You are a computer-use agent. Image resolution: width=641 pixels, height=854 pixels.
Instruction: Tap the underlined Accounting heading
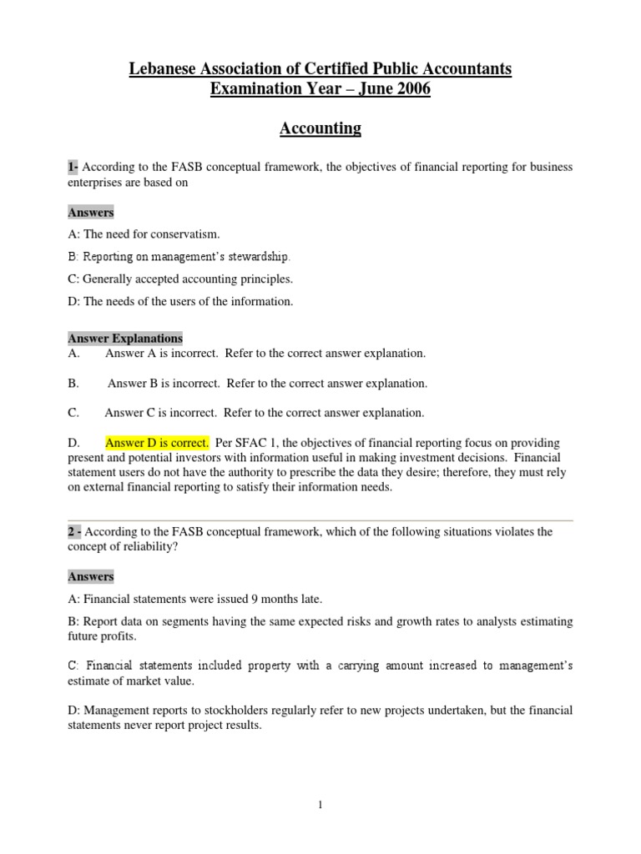(x=320, y=128)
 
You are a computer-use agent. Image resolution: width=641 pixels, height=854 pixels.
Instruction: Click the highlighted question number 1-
(x=73, y=168)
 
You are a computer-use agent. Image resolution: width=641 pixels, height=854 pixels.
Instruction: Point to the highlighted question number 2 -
(x=74, y=532)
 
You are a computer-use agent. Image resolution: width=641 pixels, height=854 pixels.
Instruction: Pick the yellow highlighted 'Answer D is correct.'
(x=157, y=443)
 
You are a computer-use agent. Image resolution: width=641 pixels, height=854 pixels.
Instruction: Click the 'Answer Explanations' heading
(x=125, y=339)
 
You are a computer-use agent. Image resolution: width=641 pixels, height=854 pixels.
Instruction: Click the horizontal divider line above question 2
(x=320, y=521)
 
